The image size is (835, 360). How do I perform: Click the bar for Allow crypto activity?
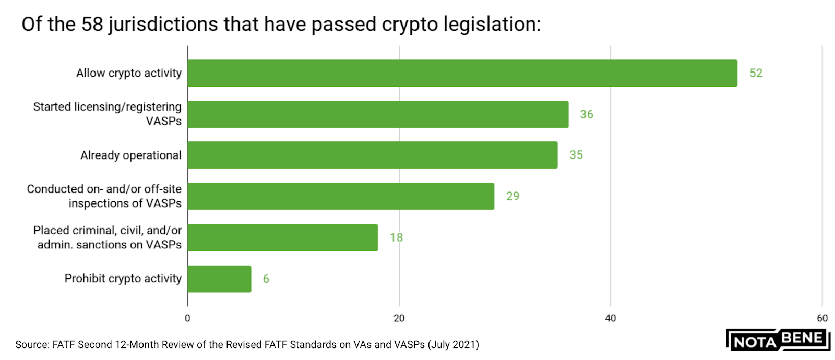click(462, 73)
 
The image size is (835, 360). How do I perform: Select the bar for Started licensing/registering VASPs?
click(378, 114)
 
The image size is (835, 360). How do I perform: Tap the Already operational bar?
click(372, 155)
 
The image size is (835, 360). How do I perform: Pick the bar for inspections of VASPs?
click(341, 196)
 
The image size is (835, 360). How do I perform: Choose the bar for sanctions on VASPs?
click(282, 237)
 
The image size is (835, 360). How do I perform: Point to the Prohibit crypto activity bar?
click(219, 279)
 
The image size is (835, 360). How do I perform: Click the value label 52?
click(756, 73)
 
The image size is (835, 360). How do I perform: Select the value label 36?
click(587, 114)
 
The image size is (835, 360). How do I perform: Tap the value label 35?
click(576, 155)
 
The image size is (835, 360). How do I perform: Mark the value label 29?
click(512, 196)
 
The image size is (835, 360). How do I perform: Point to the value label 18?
click(396, 237)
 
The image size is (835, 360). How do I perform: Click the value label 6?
click(266, 279)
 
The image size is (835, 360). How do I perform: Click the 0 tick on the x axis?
click(187, 318)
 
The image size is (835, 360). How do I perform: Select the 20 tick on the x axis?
click(399, 318)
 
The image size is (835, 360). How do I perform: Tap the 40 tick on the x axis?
click(610, 318)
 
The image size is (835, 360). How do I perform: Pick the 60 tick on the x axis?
click(822, 318)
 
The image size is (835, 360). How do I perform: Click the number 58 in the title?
click(92, 25)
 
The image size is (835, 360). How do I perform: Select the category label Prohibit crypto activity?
click(123, 279)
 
